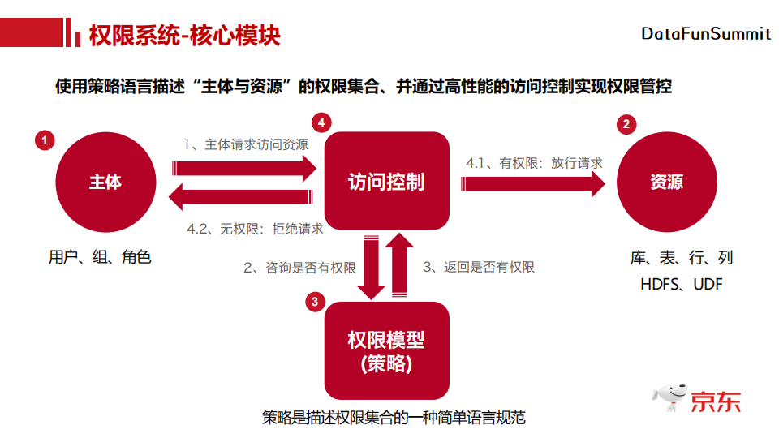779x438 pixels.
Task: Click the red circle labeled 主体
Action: pos(105,182)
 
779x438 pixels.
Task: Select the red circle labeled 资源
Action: pos(666,182)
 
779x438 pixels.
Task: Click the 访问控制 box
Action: pos(386,182)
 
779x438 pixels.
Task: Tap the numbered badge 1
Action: pos(45,140)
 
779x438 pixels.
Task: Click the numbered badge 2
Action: pos(626,124)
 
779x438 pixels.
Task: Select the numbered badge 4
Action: pos(322,122)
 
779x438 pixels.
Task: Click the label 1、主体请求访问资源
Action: pos(246,144)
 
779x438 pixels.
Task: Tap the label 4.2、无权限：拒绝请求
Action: pos(255,229)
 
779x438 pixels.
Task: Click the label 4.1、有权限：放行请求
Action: pos(534,163)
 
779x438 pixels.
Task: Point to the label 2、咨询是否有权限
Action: pos(300,267)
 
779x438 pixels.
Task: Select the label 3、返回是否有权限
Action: pos(479,267)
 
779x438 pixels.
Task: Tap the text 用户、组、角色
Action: pos(100,257)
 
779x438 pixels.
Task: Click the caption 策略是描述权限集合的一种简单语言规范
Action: pos(394,418)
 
